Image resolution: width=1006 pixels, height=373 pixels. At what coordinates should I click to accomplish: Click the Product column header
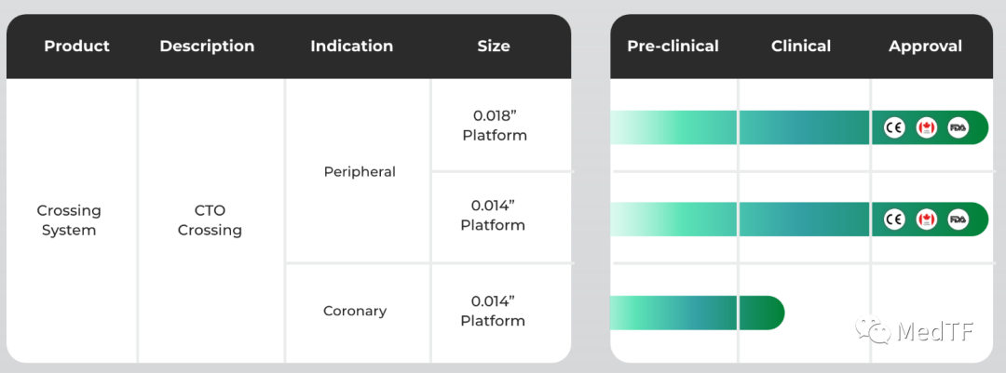pos(77,47)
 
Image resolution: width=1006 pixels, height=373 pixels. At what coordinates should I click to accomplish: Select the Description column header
pos(207,47)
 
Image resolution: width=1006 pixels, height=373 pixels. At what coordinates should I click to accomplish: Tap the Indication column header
pos(351,47)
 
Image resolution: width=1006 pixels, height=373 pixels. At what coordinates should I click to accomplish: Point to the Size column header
pos(494,47)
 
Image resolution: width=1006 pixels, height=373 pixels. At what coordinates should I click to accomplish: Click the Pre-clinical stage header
pos(673,47)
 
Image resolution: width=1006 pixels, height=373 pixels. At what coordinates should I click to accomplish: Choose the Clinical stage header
pos(801,47)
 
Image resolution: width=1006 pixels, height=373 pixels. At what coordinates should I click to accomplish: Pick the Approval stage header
pos(925,47)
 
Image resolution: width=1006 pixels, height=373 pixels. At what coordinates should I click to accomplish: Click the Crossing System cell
pos(69,220)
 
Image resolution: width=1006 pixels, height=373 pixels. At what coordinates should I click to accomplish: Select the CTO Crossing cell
pos(210,220)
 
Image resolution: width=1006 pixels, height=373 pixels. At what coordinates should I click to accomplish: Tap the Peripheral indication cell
pos(360,172)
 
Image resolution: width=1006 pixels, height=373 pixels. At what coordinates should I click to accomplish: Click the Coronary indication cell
pos(355,311)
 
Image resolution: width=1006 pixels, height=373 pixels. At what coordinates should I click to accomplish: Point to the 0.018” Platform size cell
pos(495,126)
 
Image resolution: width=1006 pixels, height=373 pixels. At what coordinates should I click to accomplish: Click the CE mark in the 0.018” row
pos(893,127)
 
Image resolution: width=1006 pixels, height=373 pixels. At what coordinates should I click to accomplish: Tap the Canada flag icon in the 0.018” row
pos(926,127)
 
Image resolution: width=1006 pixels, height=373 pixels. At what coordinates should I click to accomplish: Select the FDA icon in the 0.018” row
pos(958,127)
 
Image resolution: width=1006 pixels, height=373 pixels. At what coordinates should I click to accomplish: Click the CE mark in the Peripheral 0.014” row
pos(893,220)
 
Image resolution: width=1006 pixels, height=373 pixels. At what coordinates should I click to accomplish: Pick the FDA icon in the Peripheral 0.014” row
pos(958,220)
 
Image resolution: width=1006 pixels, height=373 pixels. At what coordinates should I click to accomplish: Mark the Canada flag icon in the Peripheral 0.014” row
pos(926,220)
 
